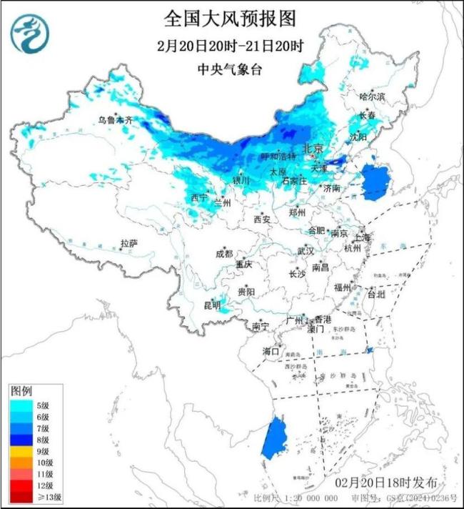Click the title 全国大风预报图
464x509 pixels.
click(230, 17)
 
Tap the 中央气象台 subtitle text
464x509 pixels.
click(230, 69)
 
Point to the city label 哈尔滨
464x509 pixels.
click(372, 96)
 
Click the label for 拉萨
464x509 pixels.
click(129, 243)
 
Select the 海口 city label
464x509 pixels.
click(271, 351)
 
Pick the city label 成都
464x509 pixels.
click(224, 254)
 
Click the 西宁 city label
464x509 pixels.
click(199, 197)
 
